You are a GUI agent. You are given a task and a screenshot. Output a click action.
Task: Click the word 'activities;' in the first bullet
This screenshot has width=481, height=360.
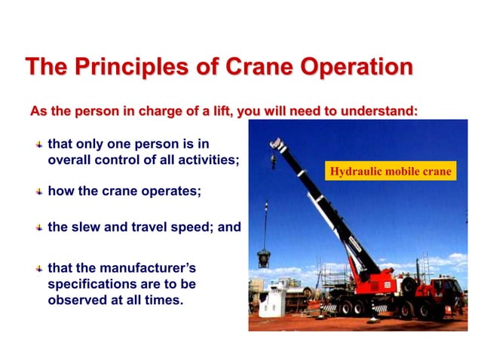(209, 160)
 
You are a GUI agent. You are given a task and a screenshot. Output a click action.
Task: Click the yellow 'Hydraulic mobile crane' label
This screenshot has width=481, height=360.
(391, 172)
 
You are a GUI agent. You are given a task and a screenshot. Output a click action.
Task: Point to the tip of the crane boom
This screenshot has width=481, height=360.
(277, 143)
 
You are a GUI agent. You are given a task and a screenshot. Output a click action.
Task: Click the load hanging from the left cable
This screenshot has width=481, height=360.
(264, 259)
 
